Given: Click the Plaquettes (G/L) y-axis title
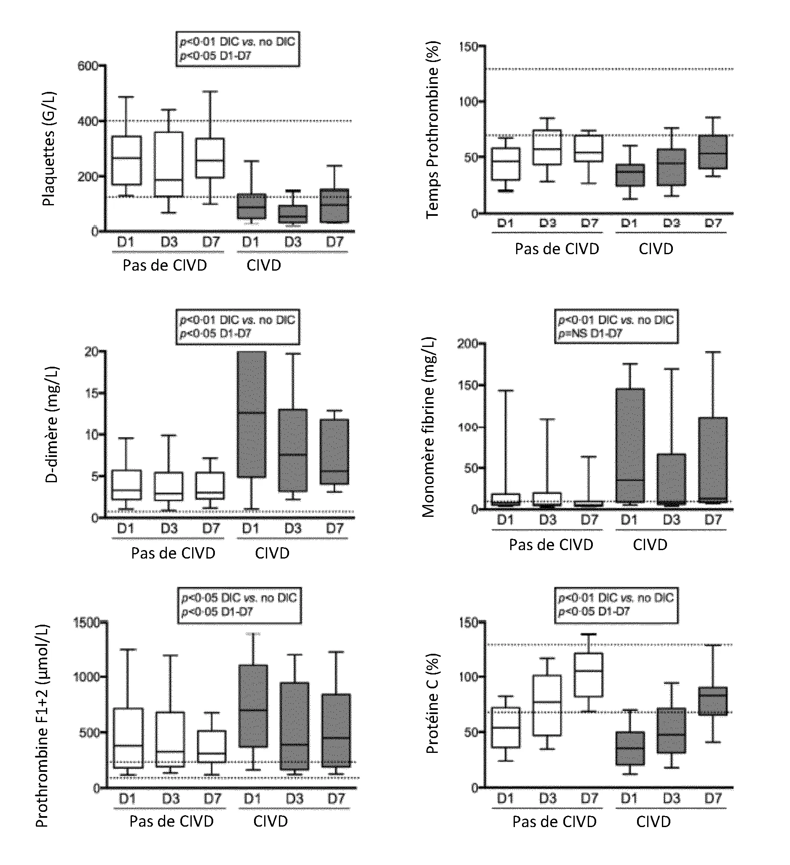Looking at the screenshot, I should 49,148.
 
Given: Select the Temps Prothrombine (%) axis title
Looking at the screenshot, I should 432,130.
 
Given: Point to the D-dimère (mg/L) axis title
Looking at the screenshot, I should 51,425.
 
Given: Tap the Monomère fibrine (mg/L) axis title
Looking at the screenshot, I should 428,427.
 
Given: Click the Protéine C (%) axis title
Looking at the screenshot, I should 432,704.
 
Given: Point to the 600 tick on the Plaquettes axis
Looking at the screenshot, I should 88,66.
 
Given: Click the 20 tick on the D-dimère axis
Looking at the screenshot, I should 91,352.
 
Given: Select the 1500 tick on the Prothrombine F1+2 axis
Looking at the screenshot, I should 87,622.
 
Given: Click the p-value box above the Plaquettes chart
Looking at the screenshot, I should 238,49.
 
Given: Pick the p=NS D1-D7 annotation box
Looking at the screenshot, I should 616,327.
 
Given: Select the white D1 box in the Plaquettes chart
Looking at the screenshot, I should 126,160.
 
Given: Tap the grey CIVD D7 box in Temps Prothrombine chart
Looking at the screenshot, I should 713,152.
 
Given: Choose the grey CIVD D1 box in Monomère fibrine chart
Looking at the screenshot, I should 629,445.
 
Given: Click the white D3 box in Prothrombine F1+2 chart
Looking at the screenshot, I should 170,739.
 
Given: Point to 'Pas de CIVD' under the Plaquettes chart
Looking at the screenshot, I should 165,265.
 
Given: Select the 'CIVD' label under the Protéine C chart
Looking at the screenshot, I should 653,822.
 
